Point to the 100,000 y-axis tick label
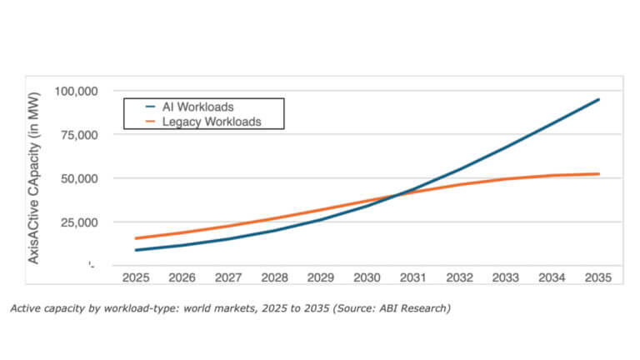[x=77, y=91]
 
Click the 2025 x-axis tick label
[x=135, y=275]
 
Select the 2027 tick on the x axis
[x=227, y=275]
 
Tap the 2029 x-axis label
[x=320, y=275]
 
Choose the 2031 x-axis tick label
[x=413, y=275]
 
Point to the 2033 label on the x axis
[x=506, y=275]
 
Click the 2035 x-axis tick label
[x=598, y=275]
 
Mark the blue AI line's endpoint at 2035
[x=598, y=99]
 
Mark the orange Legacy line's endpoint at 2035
[x=598, y=174]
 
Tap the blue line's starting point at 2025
[x=135, y=250]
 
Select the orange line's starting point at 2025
[x=135, y=238]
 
